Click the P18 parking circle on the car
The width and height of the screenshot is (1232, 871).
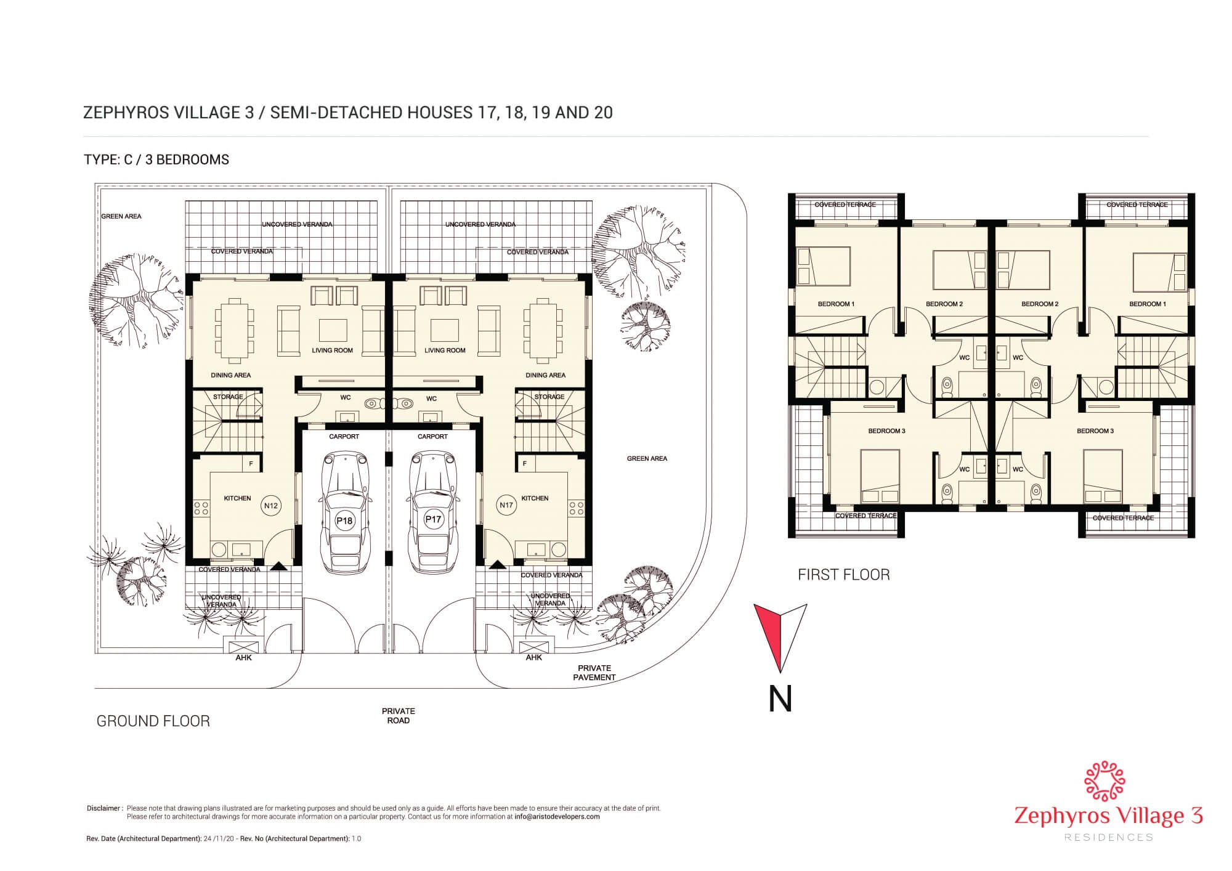(344, 521)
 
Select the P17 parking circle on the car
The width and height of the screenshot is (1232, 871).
(433, 519)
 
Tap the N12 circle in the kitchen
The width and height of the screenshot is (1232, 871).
(271, 506)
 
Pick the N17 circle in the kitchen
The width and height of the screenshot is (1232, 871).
(506, 505)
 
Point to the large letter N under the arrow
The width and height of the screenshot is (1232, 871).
(780, 699)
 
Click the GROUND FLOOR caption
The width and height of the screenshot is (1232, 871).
(153, 721)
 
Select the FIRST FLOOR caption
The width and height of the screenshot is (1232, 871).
(844, 575)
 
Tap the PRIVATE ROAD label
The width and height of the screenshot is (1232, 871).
(399, 716)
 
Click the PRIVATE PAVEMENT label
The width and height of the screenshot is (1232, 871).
(594, 673)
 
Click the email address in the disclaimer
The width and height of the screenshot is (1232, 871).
(557, 817)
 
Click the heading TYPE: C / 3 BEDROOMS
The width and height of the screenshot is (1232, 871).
(156, 160)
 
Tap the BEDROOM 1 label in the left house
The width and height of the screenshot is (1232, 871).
(836, 304)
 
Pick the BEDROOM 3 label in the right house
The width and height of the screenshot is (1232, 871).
(1095, 431)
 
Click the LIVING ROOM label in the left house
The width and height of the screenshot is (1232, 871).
(332, 350)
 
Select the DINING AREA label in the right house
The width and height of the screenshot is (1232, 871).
(546, 375)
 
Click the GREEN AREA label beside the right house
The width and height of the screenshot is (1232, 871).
(647, 458)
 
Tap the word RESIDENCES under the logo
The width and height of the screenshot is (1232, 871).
(1108, 838)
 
